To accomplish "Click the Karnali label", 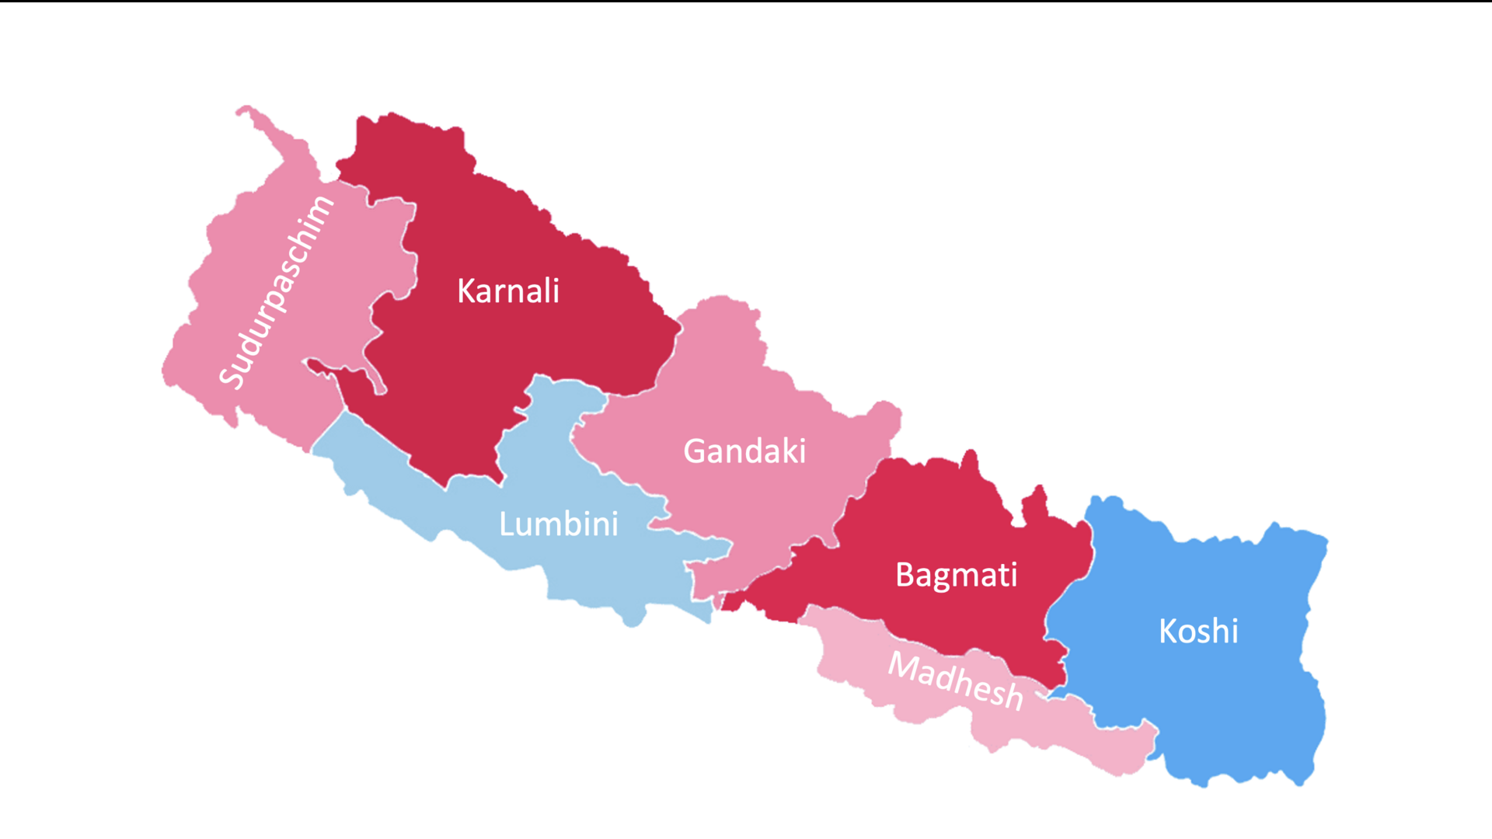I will tap(508, 291).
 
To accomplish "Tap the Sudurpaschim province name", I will tap(276, 292).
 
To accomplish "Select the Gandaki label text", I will tap(744, 451).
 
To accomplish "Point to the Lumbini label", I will tap(559, 524).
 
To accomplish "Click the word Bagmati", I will tap(956, 576).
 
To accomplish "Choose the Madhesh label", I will tap(956, 681).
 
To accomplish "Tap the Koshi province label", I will tap(1198, 631).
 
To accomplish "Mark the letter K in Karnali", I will tap(466, 291).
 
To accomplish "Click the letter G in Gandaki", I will tap(695, 451).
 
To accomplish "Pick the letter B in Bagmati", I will tap(905, 575).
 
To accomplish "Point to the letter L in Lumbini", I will tap(507, 524).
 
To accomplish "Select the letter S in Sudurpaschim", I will tap(231, 377).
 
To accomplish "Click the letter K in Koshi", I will tap(1168, 631).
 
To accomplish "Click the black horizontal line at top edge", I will tap(746, 1).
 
